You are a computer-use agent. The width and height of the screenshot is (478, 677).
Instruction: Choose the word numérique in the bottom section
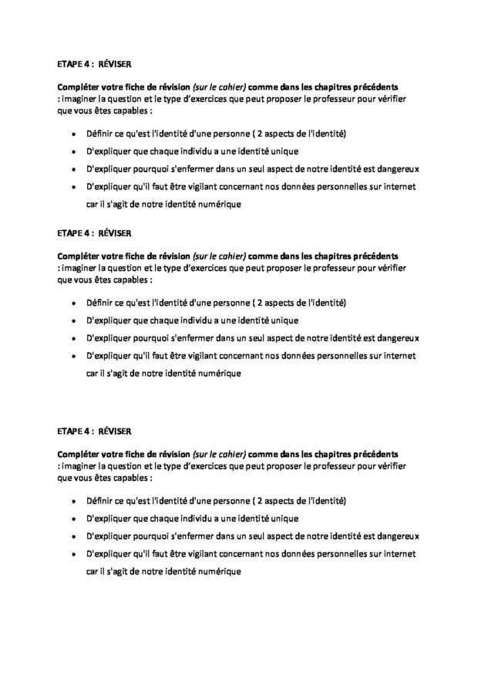click(220, 572)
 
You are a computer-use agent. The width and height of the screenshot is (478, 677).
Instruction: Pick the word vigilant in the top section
click(206, 186)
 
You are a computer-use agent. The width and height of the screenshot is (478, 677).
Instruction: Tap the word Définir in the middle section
click(99, 302)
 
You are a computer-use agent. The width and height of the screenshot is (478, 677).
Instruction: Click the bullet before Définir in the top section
click(72, 134)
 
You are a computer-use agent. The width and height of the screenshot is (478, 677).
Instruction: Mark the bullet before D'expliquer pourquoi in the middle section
click(72, 339)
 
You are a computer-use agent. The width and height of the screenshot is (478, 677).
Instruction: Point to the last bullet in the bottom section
click(72, 554)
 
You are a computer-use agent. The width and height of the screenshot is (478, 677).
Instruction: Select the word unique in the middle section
click(281, 320)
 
